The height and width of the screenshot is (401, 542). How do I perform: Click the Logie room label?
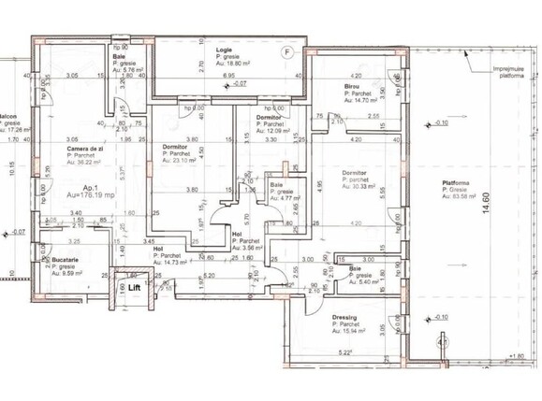(x=224, y=49)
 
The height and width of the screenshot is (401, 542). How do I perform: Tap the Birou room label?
(x=352, y=86)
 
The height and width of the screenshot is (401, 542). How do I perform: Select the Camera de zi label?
(x=84, y=148)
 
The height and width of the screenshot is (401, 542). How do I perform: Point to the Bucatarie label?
(x=65, y=259)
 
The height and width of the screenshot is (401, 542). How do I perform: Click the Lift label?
(x=135, y=288)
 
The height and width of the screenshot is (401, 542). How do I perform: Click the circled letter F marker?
(x=288, y=50)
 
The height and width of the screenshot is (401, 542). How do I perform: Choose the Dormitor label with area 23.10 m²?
(x=176, y=147)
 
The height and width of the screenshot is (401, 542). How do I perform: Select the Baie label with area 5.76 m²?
(x=120, y=56)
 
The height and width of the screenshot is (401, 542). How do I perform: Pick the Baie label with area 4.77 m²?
(x=277, y=185)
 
